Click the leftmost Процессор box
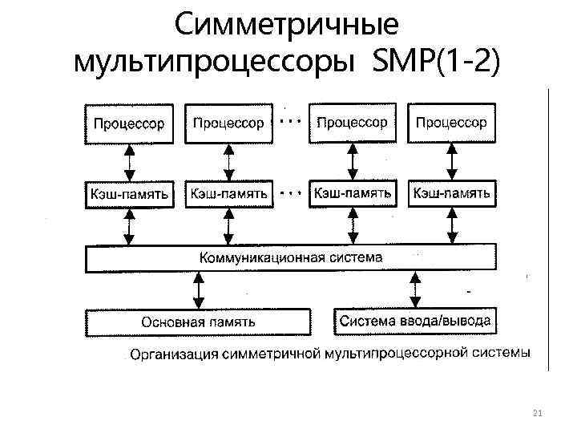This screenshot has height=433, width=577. point(129,123)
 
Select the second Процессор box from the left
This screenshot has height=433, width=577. point(228,123)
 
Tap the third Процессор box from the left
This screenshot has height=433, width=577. point(353,123)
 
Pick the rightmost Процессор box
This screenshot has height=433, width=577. point(451,123)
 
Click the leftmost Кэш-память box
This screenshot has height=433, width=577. point(129,194)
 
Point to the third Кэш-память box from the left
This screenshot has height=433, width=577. point(353,193)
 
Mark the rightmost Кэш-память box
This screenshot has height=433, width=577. point(451,193)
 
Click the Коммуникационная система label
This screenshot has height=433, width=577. point(291,258)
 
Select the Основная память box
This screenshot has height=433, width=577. point(199,322)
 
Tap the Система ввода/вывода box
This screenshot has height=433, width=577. point(415,321)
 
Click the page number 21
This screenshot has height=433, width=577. point(537,412)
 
